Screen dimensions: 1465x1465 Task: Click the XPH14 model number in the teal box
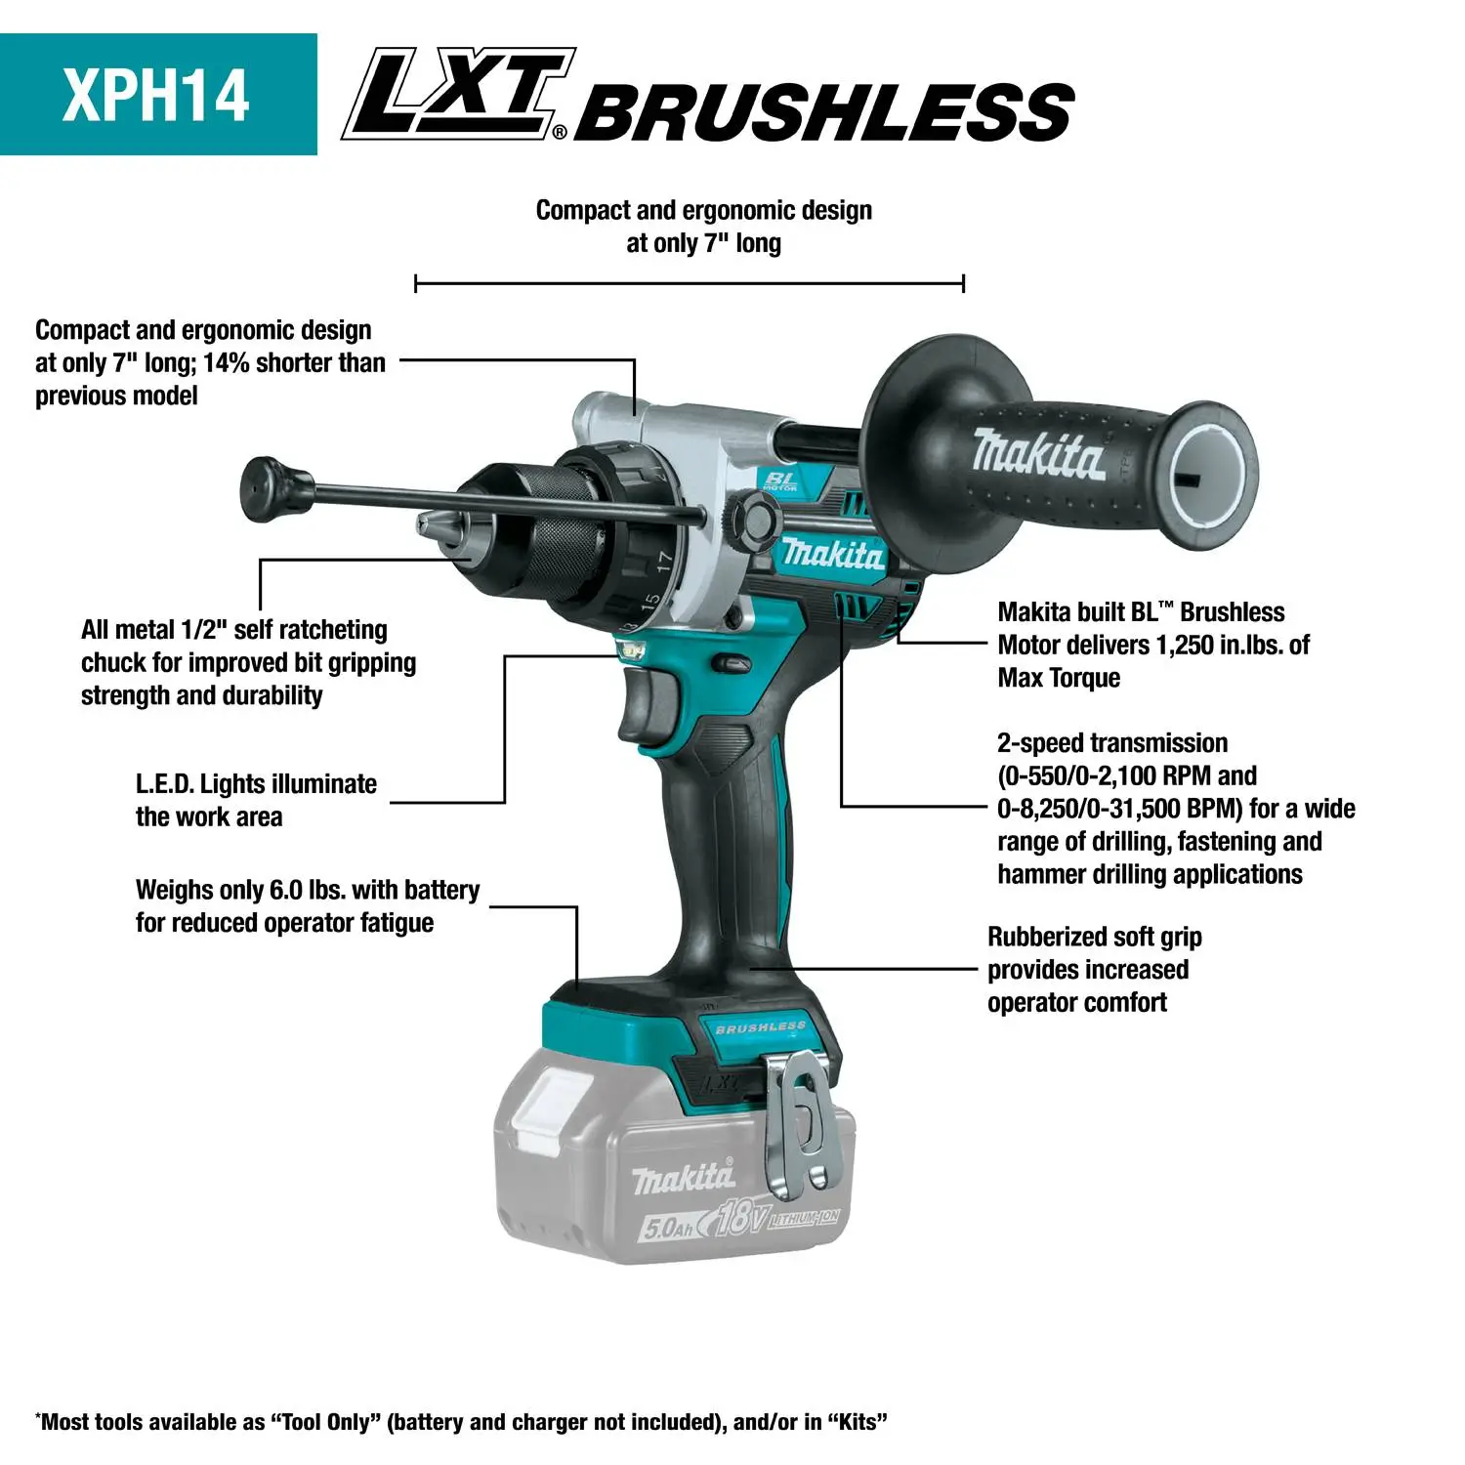156,95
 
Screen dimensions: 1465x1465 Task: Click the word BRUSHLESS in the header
825,110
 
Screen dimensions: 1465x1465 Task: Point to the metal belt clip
800,1123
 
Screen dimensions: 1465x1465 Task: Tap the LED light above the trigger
633,649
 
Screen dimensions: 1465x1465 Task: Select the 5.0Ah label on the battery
668,1228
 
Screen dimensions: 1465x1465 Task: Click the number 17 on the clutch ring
664,562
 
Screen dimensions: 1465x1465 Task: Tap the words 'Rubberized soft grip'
1094,937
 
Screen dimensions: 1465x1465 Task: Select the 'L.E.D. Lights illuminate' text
256,784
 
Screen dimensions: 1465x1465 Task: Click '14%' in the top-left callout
226,362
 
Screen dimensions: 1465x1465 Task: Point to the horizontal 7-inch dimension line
689,284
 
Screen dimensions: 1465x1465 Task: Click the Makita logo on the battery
683,1179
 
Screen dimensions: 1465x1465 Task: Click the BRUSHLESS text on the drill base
760,1027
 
